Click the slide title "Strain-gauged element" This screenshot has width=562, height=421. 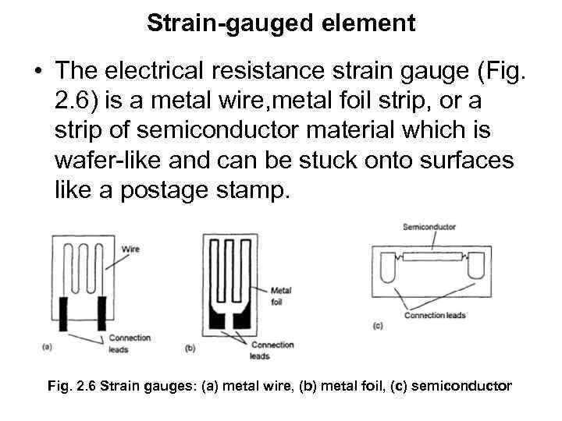pos(281,23)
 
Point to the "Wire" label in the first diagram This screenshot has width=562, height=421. pos(131,249)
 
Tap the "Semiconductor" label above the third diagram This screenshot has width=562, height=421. pos(429,227)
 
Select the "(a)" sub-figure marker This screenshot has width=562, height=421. pos(46,345)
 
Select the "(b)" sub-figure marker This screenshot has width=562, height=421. pos(190,348)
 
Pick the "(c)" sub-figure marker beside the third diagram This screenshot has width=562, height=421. pos(378,325)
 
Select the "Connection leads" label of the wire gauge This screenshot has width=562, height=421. pos(130,343)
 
